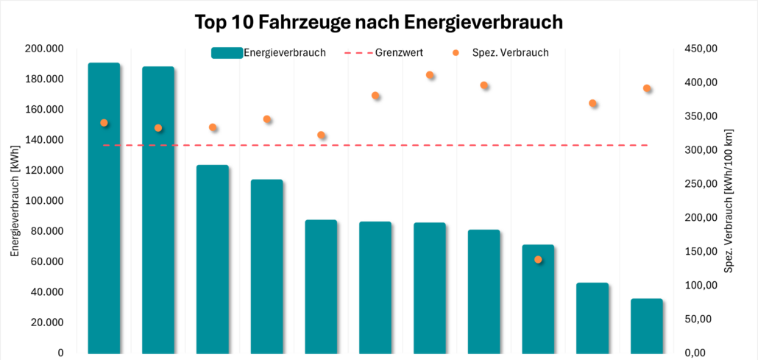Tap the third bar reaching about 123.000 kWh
click(213, 258)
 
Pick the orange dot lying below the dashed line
click(538, 259)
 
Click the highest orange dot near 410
click(430, 75)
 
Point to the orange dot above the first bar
click(104, 123)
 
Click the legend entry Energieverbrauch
click(284, 52)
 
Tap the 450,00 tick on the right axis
click(700, 49)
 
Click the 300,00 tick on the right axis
click(700, 150)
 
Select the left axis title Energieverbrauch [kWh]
click(15, 200)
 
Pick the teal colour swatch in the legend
click(226, 52)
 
